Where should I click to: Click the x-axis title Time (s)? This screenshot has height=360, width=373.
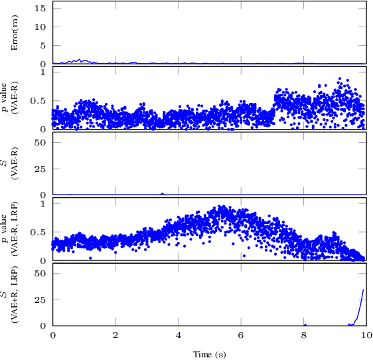[x=209, y=354]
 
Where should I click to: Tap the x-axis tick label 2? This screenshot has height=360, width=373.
[x=115, y=335]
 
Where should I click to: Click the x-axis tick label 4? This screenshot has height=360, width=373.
[x=178, y=335]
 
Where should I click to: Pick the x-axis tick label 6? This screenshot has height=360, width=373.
[x=241, y=335]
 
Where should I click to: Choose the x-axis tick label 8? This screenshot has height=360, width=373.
[x=303, y=335]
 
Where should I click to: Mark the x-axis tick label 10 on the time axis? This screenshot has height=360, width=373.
[x=366, y=335]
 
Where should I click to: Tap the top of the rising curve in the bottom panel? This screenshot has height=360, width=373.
[x=363, y=289]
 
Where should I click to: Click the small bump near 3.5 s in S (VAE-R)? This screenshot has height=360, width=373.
[x=163, y=193]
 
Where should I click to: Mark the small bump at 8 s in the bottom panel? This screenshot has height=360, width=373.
[x=305, y=324]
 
